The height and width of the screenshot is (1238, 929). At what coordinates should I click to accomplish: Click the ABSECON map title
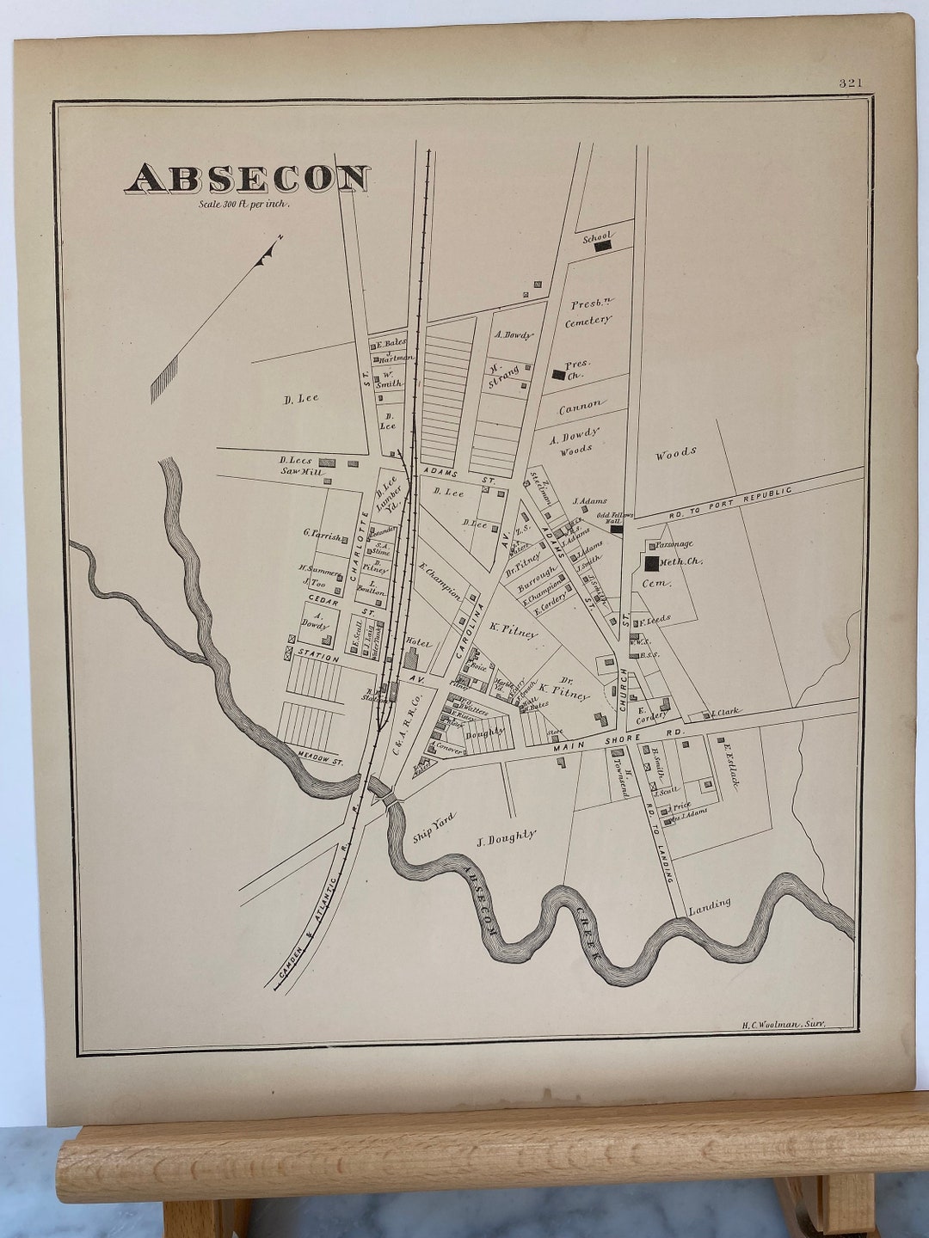(249, 178)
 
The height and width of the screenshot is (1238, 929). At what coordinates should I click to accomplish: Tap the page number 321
(850, 83)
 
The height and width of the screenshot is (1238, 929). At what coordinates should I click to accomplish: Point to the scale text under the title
(244, 205)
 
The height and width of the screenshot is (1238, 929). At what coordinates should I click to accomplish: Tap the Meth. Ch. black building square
(652, 563)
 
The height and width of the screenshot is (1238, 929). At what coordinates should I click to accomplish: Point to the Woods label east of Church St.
(675, 452)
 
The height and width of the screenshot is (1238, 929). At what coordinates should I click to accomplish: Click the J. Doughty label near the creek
(507, 836)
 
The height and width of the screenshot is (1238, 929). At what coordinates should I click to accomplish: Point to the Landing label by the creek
(710, 904)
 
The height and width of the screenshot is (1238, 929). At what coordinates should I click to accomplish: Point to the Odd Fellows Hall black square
(617, 529)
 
